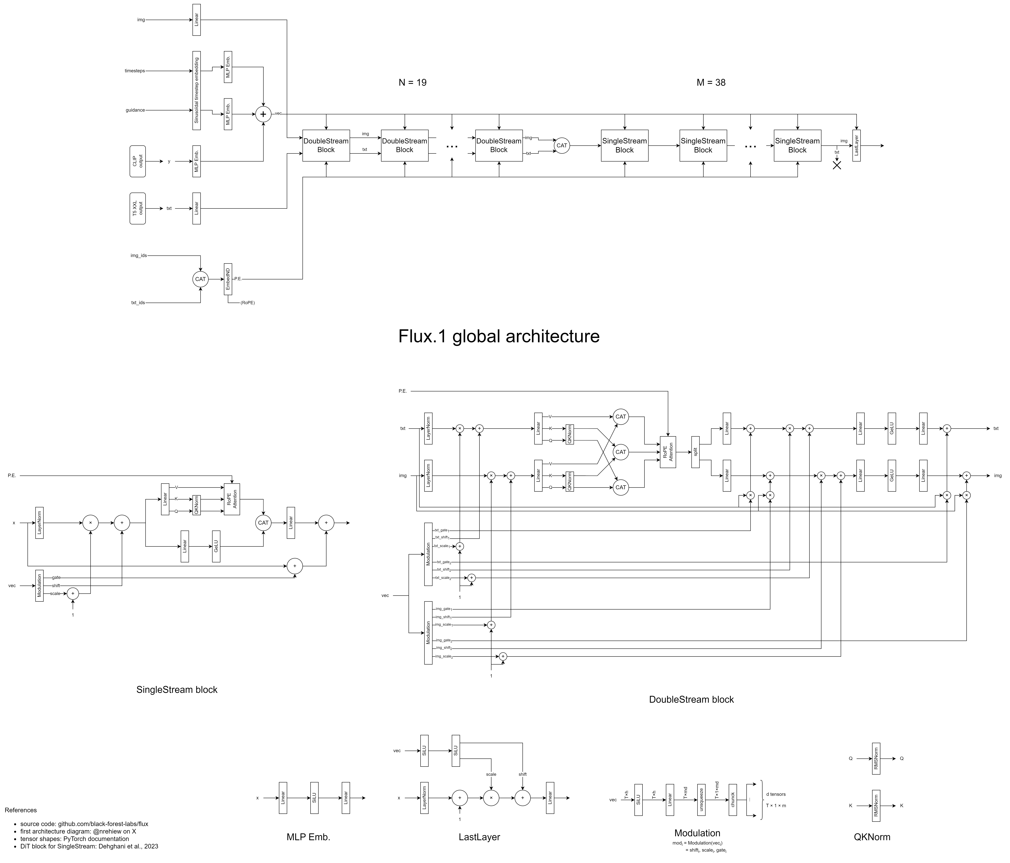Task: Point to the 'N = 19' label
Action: pyautogui.click(x=412, y=82)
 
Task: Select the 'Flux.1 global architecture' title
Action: pyautogui.click(x=499, y=336)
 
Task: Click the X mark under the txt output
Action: pyautogui.click(x=837, y=165)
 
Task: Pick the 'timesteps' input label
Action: pyautogui.click(x=134, y=71)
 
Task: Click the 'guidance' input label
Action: pyautogui.click(x=135, y=110)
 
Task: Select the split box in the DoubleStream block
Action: pyautogui.click(x=696, y=452)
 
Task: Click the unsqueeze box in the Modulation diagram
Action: pyautogui.click(x=701, y=800)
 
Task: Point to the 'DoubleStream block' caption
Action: pyautogui.click(x=691, y=699)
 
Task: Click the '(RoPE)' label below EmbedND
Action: pyautogui.click(x=247, y=303)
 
